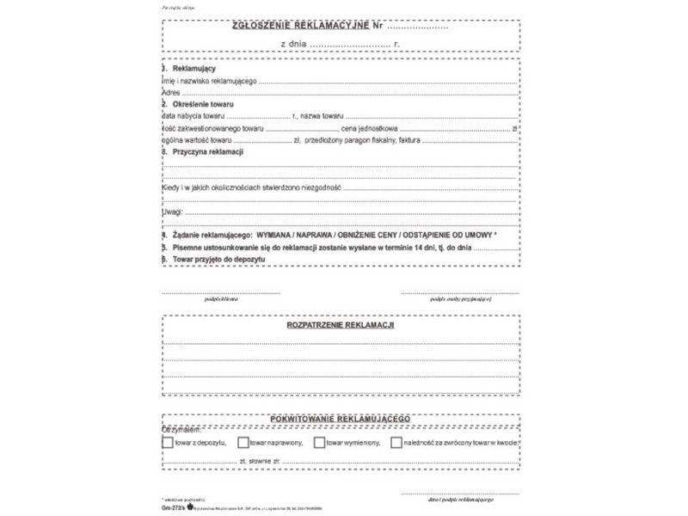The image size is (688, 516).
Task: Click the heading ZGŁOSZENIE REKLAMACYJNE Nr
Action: [x=306, y=27]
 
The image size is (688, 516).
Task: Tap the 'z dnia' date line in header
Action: [x=341, y=42]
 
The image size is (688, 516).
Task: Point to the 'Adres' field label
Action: [x=169, y=91]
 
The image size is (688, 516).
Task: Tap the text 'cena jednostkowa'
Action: [x=369, y=127]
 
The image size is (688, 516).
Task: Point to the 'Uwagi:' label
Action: [x=172, y=211]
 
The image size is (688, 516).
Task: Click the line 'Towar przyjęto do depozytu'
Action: [x=216, y=258]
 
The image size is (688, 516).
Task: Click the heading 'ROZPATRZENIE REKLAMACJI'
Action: [x=340, y=327]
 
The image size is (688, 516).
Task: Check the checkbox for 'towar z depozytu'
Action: [x=167, y=442]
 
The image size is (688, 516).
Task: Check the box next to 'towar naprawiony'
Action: [x=244, y=442]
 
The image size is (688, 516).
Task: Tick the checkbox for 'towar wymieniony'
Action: [x=319, y=442]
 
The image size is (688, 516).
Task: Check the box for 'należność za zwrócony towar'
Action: [x=396, y=442]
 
